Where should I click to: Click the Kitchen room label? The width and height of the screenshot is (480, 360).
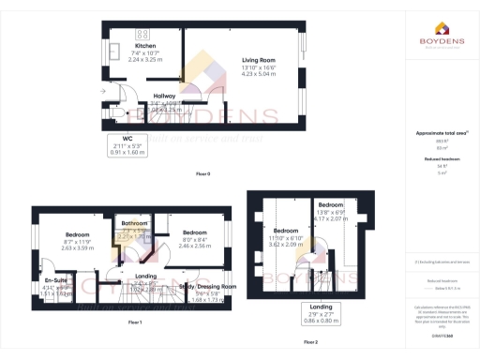point(145,46)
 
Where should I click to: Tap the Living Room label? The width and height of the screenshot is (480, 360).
point(244,58)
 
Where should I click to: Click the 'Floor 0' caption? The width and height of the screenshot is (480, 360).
point(203,174)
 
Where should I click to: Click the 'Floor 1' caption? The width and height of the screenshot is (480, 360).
point(134,322)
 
